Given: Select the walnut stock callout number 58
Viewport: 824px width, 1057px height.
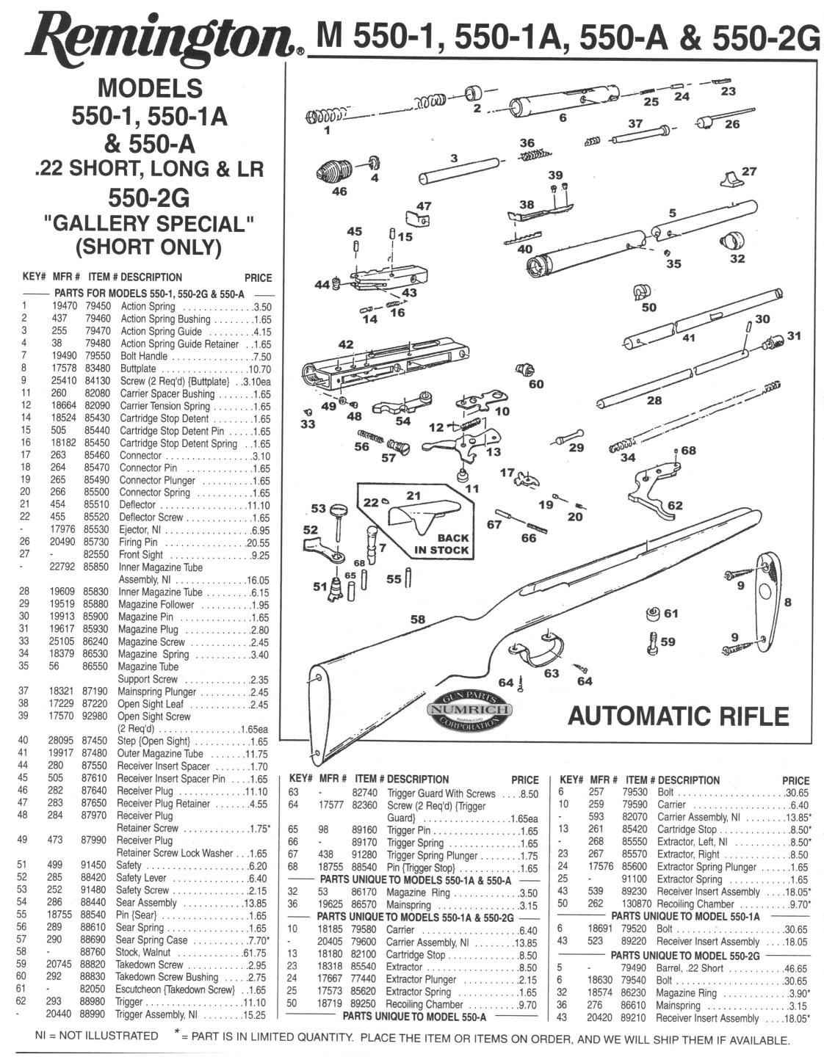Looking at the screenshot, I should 417,620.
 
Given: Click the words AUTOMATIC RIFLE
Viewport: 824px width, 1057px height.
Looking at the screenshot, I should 679,715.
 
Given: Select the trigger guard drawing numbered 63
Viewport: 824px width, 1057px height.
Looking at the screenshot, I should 541,650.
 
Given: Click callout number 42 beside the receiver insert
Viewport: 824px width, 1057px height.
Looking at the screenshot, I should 345,344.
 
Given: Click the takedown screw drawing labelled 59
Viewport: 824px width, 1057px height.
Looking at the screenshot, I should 651,643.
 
